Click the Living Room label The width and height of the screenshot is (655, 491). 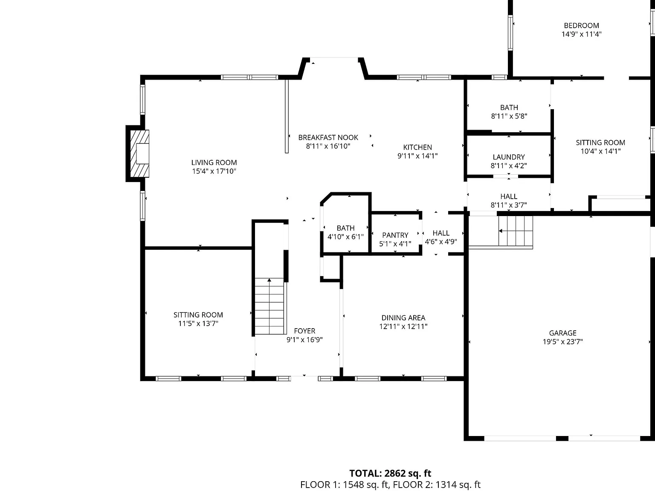[214, 162]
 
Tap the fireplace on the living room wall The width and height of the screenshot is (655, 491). [139, 153]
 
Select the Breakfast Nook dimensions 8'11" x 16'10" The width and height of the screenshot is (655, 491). [328, 146]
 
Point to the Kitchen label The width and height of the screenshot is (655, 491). [417, 147]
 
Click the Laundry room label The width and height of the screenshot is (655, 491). [509, 157]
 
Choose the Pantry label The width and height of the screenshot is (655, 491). [395, 235]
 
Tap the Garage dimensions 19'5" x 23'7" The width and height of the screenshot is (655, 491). [562, 342]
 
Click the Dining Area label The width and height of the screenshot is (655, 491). [403, 318]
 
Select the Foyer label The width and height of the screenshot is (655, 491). [304, 331]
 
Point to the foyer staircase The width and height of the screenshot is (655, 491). [270, 306]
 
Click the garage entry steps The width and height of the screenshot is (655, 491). [516, 231]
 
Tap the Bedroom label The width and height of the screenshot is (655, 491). [581, 26]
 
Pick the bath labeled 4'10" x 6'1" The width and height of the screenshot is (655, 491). [345, 232]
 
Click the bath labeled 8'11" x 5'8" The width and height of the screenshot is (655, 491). [509, 112]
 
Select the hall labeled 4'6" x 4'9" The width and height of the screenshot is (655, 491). [441, 237]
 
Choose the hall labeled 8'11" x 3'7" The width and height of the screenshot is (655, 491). [509, 201]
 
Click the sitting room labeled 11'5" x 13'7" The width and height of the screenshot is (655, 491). [198, 319]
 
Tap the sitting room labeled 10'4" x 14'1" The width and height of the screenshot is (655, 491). [600, 147]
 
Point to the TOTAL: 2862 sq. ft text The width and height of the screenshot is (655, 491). [390, 474]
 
